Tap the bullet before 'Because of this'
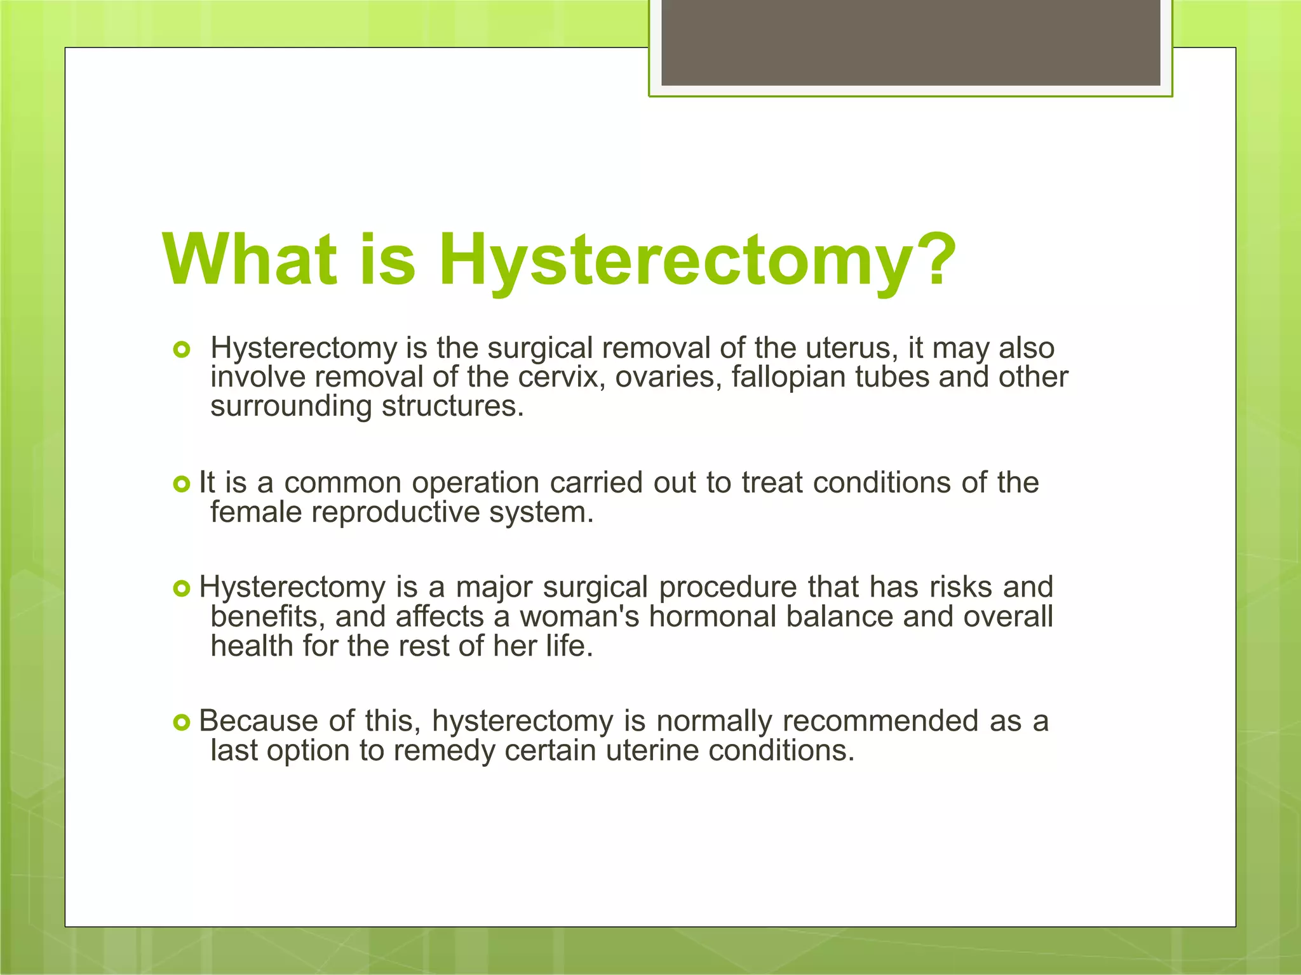point(182,722)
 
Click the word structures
point(452,406)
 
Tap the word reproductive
point(394,512)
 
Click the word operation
point(476,483)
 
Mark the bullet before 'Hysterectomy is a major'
point(182,589)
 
